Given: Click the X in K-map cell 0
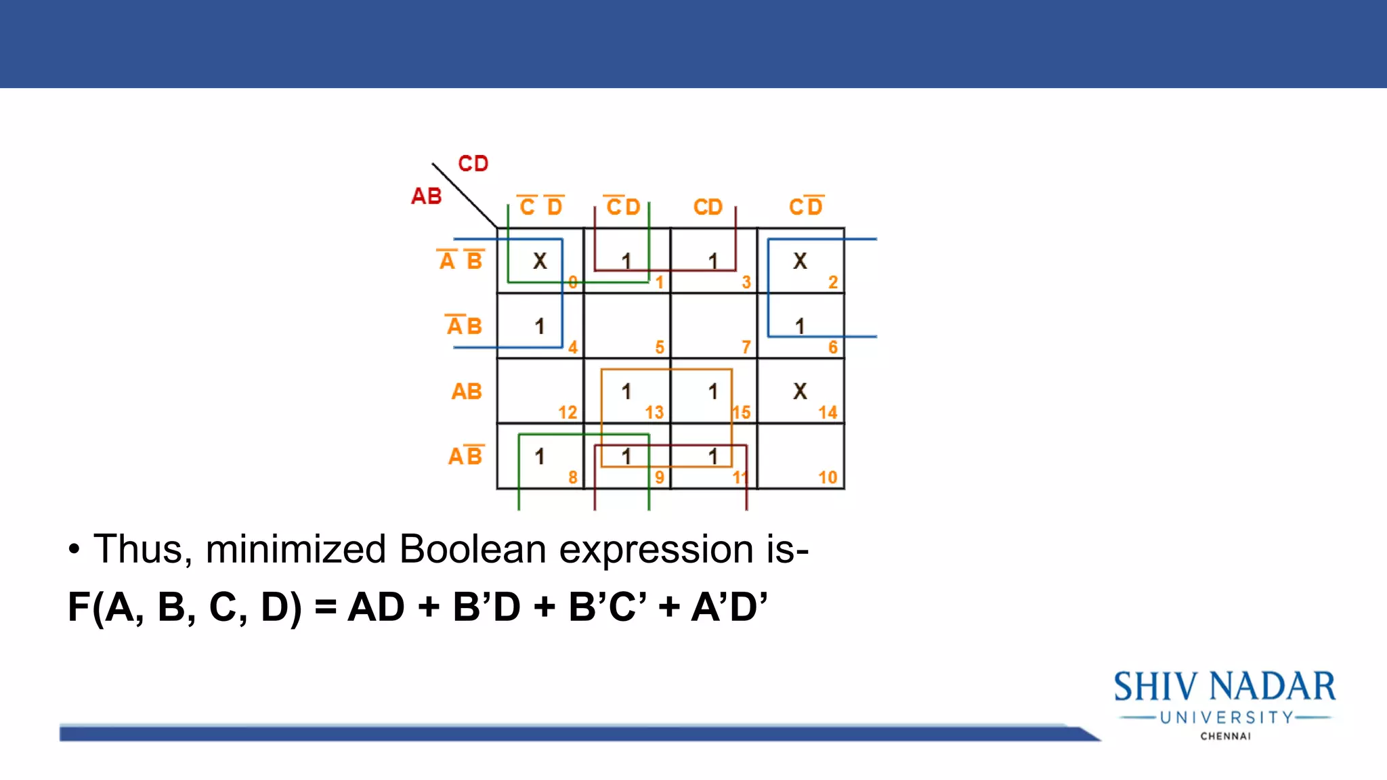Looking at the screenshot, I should click(540, 261).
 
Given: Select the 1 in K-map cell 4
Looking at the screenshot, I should click(540, 326).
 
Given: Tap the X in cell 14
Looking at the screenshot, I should click(800, 391).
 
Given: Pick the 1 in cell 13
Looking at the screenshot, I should click(626, 391).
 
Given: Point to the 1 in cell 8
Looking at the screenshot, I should click(540, 456).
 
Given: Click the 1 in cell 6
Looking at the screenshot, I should click(800, 326).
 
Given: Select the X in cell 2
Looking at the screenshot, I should click(800, 261).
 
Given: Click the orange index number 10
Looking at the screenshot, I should click(828, 477).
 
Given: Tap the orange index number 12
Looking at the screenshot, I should click(568, 412).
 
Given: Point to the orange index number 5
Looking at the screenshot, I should click(660, 347).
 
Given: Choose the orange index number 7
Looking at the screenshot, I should click(746, 347).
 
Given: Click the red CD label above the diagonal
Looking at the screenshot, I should click(473, 163).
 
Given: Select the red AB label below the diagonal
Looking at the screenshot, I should click(427, 196).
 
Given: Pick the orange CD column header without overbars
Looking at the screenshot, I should click(708, 207).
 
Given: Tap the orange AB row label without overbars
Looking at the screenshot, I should click(467, 391).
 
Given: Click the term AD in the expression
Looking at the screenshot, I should click(376, 607).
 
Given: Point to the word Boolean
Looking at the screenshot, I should click(472, 548).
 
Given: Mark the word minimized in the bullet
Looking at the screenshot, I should click(295, 548).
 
